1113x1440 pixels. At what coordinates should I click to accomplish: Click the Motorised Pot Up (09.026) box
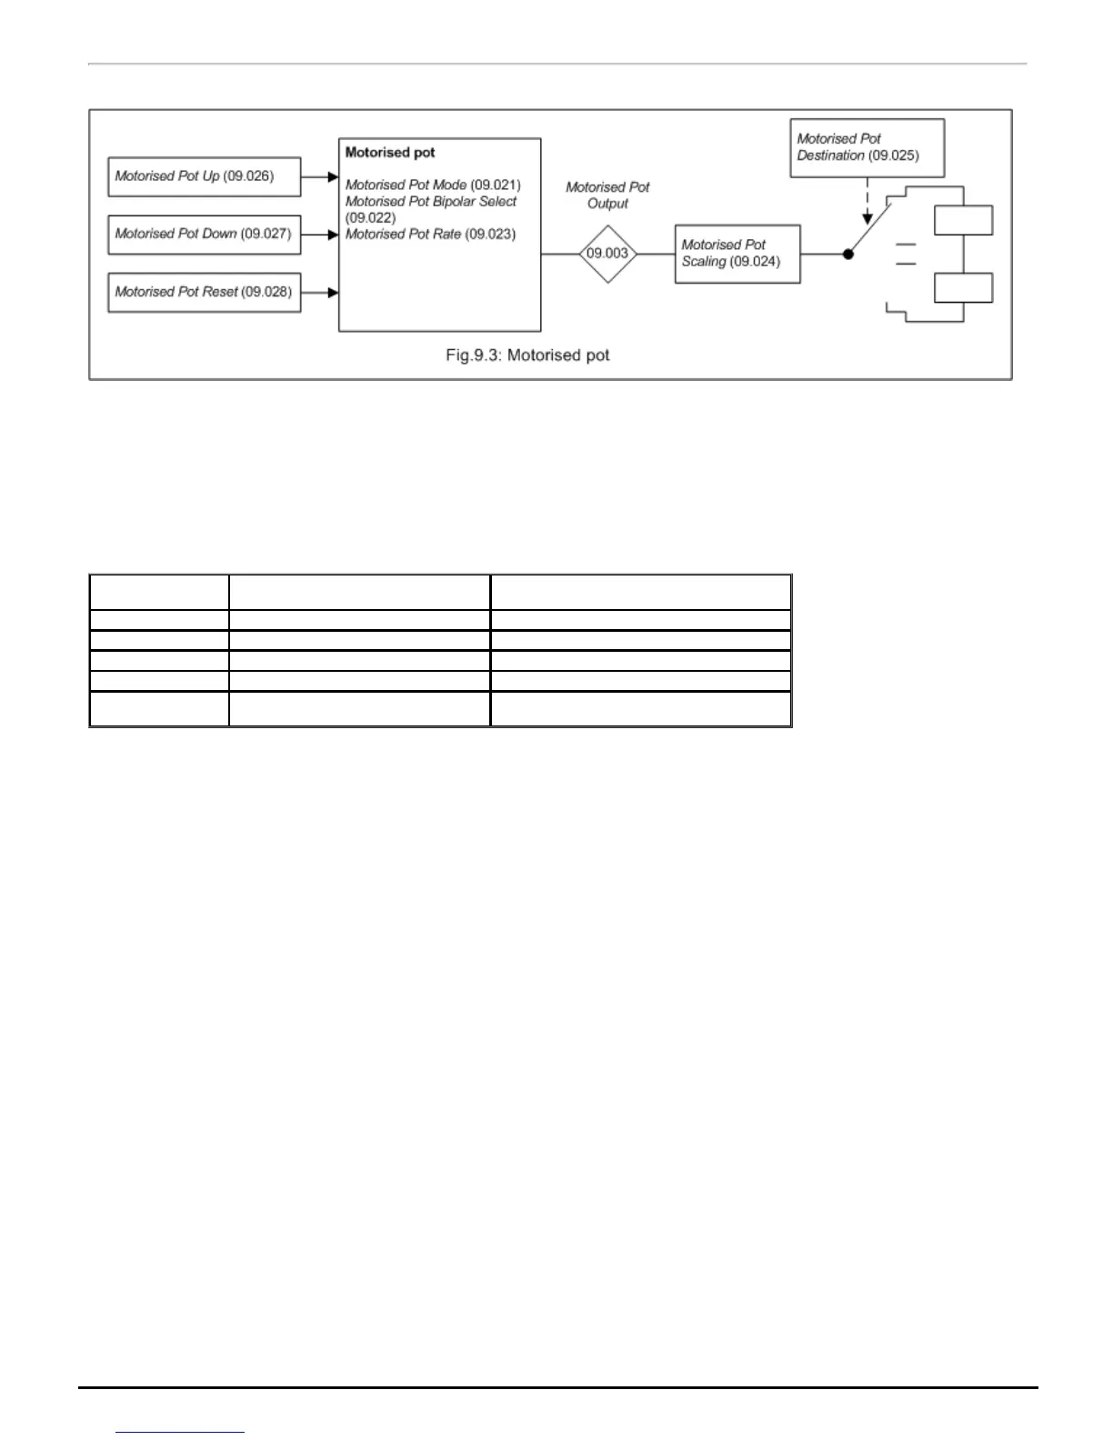(x=204, y=176)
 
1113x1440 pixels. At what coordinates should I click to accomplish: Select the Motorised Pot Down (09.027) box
(x=204, y=235)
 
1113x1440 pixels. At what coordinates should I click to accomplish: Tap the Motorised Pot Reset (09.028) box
(x=204, y=293)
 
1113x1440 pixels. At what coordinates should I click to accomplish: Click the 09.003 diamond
(x=607, y=254)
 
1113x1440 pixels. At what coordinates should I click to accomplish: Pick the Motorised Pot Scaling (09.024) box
(x=737, y=254)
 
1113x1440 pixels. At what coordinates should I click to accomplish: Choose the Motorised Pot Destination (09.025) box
(x=867, y=147)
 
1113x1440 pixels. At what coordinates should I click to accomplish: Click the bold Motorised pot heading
(x=390, y=153)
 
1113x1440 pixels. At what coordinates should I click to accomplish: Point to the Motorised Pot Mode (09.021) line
(x=433, y=185)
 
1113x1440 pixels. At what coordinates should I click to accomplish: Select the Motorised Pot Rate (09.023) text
(x=430, y=235)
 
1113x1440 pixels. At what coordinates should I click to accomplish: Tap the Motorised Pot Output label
(x=607, y=195)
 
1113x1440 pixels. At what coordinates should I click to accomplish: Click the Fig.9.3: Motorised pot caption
(x=527, y=355)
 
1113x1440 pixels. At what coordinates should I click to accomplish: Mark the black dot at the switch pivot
(x=848, y=255)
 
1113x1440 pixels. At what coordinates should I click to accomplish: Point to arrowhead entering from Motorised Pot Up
(x=333, y=177)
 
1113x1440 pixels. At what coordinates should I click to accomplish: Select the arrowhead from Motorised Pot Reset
(x=333, y=293)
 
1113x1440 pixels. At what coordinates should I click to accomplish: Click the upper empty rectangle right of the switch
(x=963, y=221)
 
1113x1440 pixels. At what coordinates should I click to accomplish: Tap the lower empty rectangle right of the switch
(x=963, y=288)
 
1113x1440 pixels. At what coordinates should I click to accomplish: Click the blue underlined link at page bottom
(x=180, y=1431)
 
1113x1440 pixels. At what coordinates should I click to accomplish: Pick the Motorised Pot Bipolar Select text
(x=431, y=202)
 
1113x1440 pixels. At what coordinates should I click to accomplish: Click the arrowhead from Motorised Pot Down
(x=333, y=235)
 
